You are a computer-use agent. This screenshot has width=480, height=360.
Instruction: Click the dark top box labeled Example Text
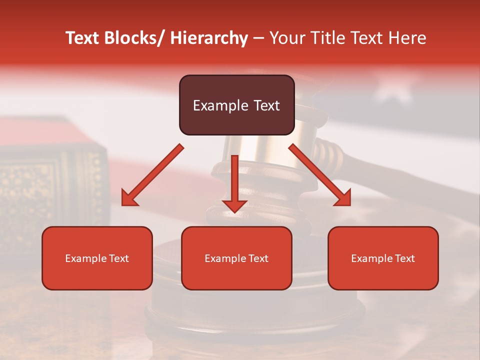(236, 105)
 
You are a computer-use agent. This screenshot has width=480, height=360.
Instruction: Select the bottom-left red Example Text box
(97, 258)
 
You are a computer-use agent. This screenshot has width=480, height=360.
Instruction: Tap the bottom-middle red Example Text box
(236, 258)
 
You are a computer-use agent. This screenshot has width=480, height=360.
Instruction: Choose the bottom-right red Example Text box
(383, 258)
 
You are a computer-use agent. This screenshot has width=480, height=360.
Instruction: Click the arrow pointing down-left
(153, 174)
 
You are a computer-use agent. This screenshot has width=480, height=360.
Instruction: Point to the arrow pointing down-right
(320, 174)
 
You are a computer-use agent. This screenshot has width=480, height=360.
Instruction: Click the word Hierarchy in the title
(209, 38)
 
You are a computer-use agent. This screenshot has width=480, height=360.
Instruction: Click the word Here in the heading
(407, 38)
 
